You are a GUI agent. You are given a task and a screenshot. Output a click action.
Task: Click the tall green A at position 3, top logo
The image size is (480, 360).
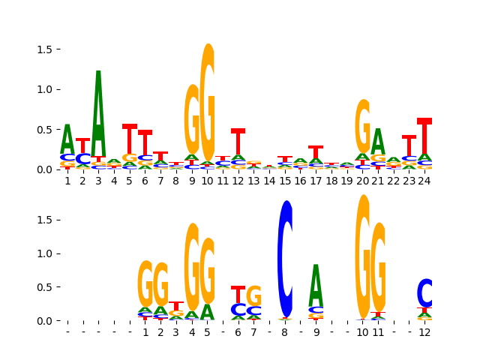pos(98,112)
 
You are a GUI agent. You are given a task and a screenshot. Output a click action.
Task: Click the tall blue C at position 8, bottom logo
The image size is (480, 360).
pos(285,259)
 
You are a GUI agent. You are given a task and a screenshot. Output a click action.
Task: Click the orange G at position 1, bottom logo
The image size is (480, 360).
pos(145,283)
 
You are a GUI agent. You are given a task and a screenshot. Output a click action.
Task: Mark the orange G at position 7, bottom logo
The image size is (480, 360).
pos(254,295)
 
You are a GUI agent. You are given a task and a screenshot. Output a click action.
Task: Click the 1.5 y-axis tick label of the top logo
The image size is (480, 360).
pos(44,49)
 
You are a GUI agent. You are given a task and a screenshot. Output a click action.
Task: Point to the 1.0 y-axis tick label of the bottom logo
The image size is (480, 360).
pos(44,253)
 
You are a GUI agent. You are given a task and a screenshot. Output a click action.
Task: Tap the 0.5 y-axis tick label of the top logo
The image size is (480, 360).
pos(44,129)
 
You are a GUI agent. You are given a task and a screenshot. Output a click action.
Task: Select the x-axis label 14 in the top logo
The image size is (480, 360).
pos(269,181)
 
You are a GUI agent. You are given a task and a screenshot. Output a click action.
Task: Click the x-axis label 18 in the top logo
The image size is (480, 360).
pos(331,181)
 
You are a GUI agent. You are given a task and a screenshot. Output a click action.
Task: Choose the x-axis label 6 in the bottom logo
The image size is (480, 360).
pos(238,332)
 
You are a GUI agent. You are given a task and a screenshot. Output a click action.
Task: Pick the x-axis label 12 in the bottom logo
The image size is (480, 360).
pos(424,332)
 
